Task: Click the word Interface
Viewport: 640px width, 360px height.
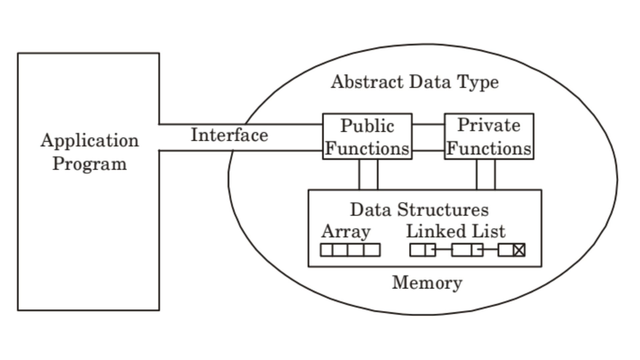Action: pos(229,135)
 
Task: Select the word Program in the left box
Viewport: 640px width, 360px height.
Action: pos(90,164)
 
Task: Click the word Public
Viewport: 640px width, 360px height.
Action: pos(367,126)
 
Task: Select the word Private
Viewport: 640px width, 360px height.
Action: pos(489,125)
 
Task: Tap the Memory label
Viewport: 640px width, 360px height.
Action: pos(427,283)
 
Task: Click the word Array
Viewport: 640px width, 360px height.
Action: pos(346,231)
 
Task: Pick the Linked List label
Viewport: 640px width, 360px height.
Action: pos(456,231)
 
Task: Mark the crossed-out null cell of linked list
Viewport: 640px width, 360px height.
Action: pos(519,250)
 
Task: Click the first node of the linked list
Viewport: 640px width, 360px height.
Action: pos(422,250)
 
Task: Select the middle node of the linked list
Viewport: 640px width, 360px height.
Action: pos(467,250)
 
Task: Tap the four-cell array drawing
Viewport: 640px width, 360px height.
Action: pos(350,250)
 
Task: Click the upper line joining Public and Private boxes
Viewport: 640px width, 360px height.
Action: pos(428,124)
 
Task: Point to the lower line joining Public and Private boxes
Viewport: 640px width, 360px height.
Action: pos(428,151)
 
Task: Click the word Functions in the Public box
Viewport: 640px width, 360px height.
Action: pos(367,148)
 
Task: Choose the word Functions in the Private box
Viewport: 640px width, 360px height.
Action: pos(489,148)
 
